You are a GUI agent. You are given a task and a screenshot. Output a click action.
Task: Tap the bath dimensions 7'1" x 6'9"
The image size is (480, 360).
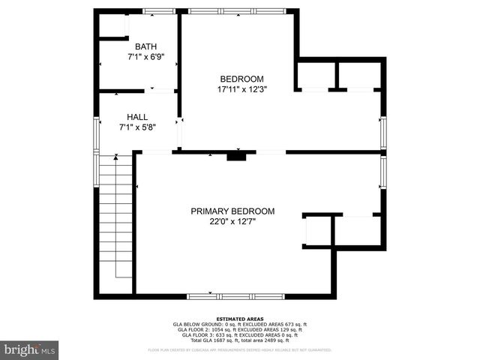(145, 56)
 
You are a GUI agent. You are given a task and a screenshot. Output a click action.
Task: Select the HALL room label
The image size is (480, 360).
(137, 117)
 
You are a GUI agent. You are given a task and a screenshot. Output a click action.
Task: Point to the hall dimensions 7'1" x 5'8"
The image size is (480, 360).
(137, 127)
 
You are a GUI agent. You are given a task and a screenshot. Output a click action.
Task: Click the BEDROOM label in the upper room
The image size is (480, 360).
(241, 79)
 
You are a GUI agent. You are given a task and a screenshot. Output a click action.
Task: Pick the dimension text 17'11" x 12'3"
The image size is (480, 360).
(241, 89)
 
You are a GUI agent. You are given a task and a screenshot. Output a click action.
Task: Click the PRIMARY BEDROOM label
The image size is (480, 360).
(232, 211)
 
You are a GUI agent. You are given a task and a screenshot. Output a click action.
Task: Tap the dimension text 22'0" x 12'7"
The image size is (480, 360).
(232, 221)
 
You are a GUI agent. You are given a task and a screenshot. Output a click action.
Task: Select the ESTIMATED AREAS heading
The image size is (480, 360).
(239, 319)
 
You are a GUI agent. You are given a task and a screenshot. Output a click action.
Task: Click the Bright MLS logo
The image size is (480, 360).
(30, 349)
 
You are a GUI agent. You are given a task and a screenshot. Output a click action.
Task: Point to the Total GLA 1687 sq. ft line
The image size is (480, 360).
(239, 340)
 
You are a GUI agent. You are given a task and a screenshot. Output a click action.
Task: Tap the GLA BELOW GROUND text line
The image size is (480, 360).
(239, 324)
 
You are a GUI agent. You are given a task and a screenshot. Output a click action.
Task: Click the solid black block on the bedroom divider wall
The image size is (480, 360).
(236, 156)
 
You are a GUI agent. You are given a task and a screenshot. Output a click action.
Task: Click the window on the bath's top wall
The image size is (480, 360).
(159, 11)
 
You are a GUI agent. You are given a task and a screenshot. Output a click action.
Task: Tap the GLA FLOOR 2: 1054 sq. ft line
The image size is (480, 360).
(239, 329)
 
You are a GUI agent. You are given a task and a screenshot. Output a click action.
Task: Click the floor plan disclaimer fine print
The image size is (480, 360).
(239, 349)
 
